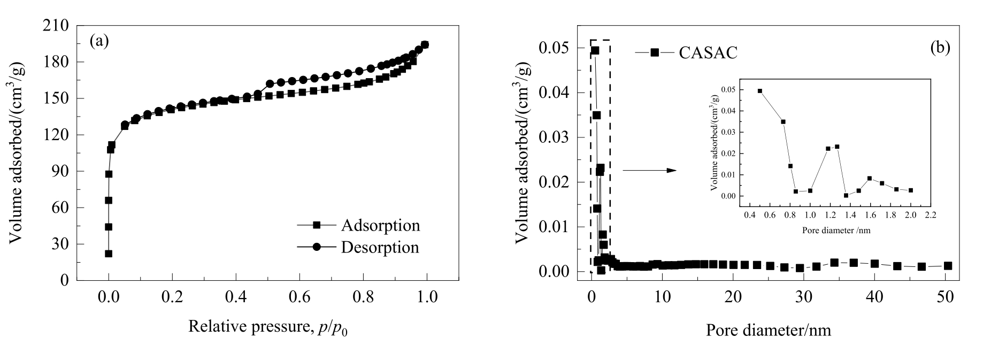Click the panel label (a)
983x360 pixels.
99,41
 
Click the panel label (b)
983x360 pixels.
940,48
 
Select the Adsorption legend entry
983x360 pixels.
380,225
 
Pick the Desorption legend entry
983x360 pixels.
380,247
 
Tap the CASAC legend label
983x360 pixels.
708,52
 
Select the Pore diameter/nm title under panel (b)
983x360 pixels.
769,330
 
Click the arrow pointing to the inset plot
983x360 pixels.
649,170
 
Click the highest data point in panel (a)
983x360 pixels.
425,44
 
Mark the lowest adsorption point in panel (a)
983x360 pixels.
109,254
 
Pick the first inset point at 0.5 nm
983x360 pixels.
759,91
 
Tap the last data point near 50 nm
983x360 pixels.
948,266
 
